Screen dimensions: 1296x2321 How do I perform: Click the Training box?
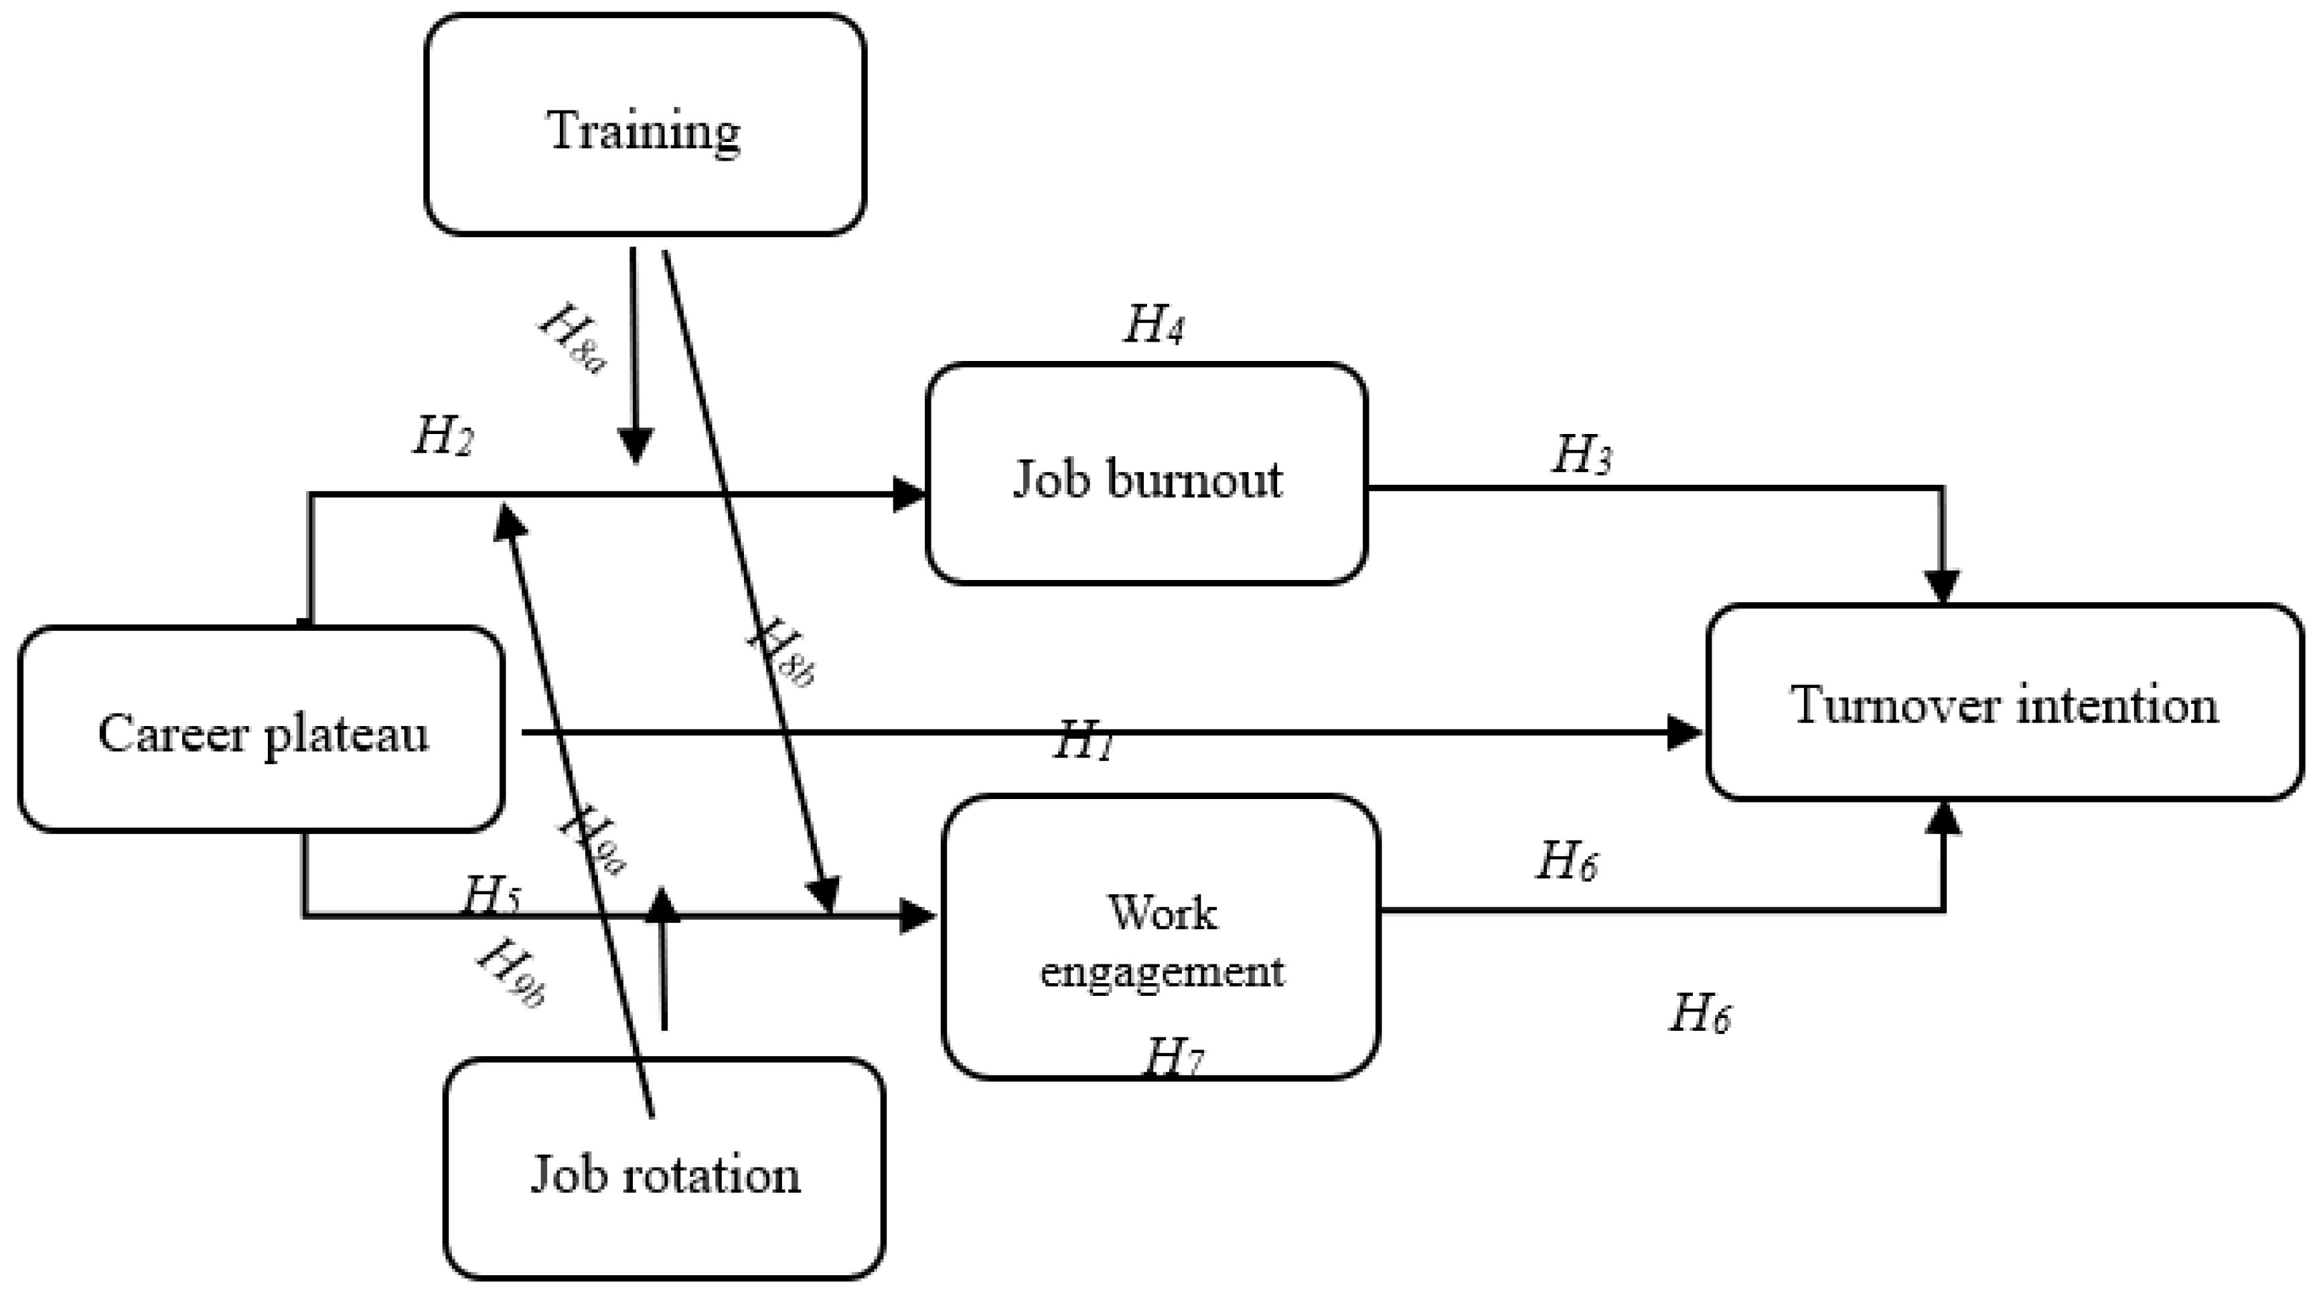(644, 126)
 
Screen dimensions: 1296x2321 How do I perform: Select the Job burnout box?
(1146, 476)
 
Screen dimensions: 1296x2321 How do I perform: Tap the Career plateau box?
(261, 730)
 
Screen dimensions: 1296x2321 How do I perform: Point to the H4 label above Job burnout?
(1153, 324)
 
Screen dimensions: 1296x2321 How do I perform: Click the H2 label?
(443, 437)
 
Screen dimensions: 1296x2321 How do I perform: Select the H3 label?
(1581, 455)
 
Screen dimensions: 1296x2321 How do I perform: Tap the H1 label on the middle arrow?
(1085, 741)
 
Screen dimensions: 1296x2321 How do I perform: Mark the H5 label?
(491, 895)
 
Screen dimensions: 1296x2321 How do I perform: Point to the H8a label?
(573, 339)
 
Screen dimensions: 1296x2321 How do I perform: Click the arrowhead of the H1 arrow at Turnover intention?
(1683, 733)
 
